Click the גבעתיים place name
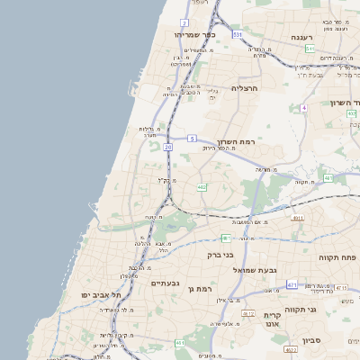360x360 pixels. [x=165, y=283]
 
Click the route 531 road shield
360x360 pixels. [x=237, y=34]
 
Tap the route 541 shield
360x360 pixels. [x=310, y=49]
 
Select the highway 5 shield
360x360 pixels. [x=192, y=139]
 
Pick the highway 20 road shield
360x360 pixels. [x=167, y=147]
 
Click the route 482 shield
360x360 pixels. [x=202, y=187]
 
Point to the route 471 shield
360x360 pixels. [x=292, y=284]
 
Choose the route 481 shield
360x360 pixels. [x=226, y=238]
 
